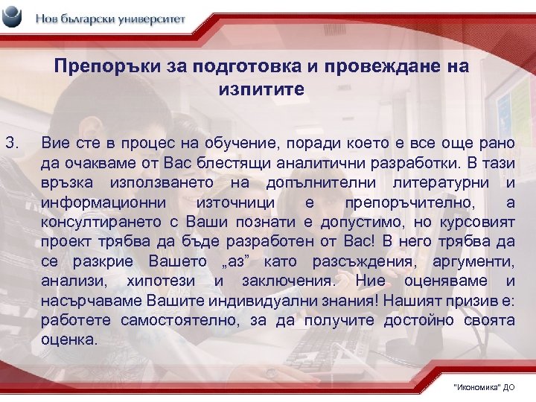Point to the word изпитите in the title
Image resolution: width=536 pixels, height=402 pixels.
point(261,89)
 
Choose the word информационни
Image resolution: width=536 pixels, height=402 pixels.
point(94,202)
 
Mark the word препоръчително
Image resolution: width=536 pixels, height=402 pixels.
point(404,202)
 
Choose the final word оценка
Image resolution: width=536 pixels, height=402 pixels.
point(68,340)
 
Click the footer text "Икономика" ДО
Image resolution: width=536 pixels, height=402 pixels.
point(483,388)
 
